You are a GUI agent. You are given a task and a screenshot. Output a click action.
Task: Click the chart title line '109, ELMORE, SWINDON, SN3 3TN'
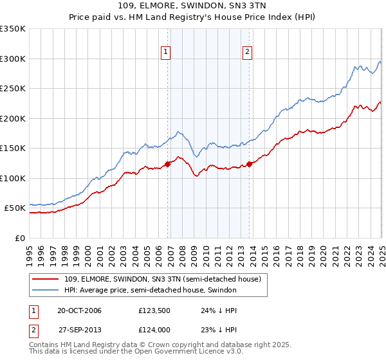(193, 6)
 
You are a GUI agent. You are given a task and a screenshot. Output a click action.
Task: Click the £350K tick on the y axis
(13, 29)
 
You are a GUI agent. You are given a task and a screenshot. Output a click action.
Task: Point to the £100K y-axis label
(13, 178)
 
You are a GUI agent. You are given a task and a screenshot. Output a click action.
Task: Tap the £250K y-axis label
(13, 89)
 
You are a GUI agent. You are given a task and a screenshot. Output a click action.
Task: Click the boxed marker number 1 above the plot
(166, 52)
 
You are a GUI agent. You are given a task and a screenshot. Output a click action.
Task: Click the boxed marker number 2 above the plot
(248, 52)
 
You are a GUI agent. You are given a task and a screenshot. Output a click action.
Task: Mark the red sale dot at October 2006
(168, 164)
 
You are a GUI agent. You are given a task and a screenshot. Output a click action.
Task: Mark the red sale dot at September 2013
(250, 164)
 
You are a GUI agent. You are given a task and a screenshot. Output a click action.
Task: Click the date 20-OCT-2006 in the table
(79, 311)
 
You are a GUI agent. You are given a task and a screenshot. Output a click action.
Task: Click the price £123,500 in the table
(153, 311)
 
